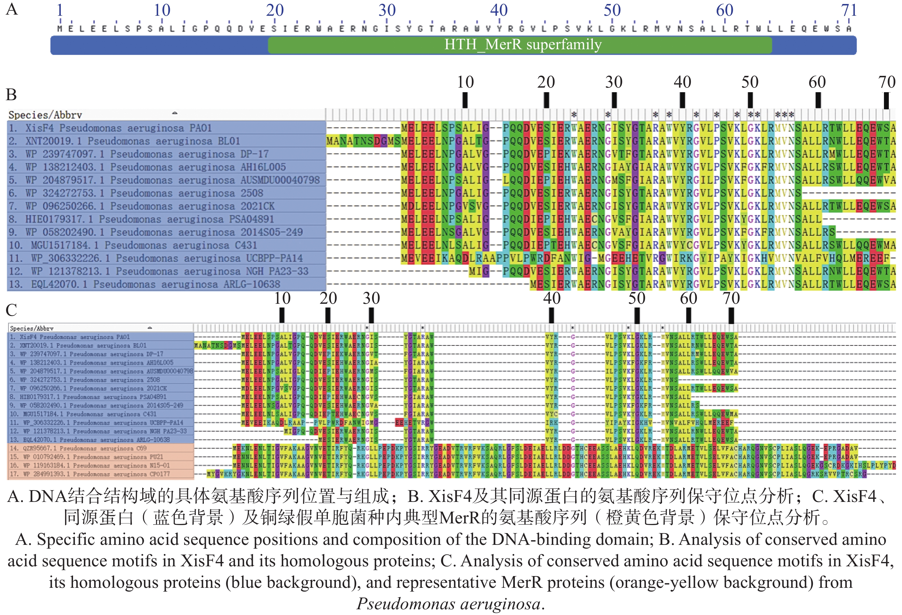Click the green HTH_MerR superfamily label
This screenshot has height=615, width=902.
(523, 45)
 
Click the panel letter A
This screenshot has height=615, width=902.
(12, 9)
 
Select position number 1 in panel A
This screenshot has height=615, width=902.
(60, 11)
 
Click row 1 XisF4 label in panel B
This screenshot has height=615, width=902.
(111, 128)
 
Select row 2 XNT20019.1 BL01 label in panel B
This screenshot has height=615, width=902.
(124, 141)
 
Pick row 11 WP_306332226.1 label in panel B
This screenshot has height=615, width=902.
(155, 258)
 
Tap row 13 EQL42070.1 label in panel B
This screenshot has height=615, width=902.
(144, 284)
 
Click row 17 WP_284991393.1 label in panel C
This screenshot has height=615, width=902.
(90, 474)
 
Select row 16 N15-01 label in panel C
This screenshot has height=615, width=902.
(90, 466)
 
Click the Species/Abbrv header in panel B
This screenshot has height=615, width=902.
(46, 115)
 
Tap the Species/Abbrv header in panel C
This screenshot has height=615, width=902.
(32, 328)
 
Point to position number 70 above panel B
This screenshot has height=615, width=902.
(887, 82)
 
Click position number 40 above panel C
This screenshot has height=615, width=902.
(552, 298)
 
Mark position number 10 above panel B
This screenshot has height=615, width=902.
(465, 82)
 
